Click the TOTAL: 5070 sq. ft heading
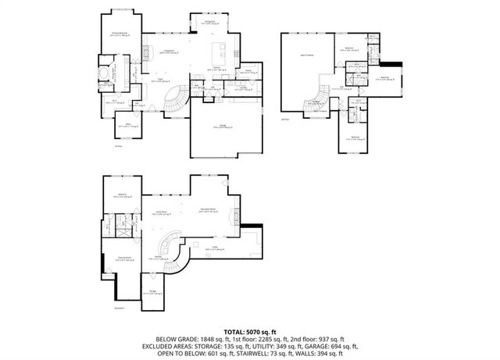tap(249, 332)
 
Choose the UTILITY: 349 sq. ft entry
tap(280, 346)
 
